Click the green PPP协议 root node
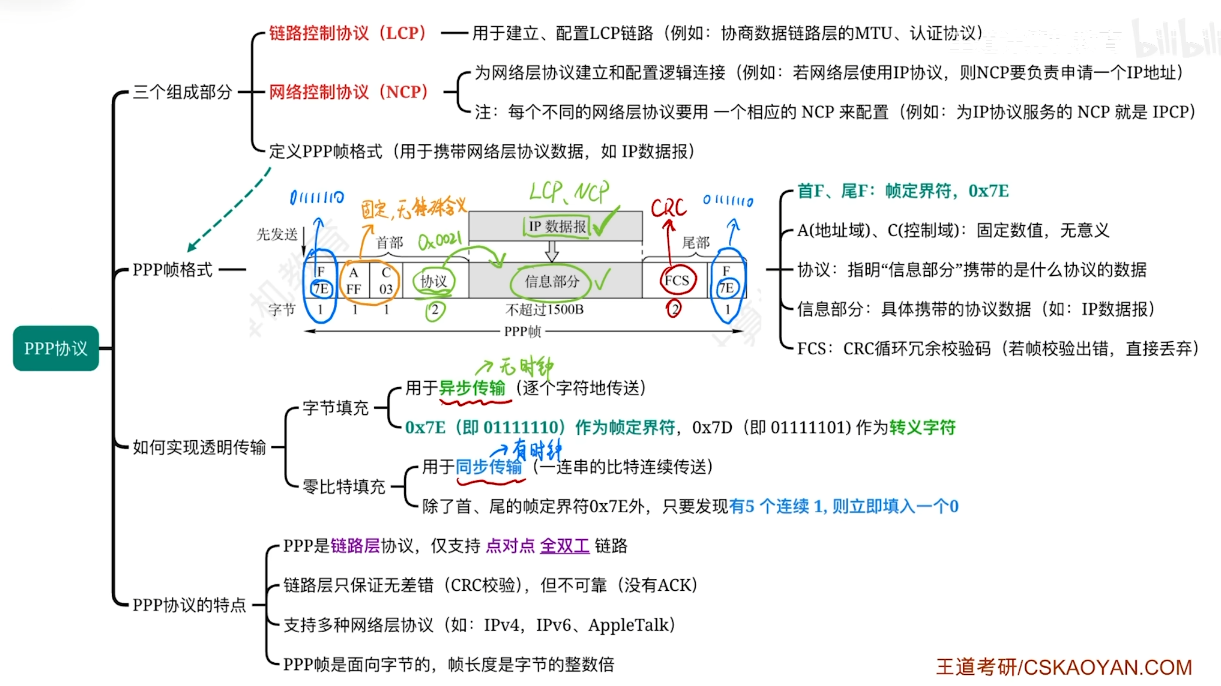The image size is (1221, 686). (x=56, y=348)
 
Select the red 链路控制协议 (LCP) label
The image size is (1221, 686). (x=347, y=33)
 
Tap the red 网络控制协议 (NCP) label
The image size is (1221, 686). (x=348, y=92)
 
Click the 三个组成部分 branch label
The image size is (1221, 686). (x=182, y=92)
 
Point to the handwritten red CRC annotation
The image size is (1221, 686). (x=668, y=208)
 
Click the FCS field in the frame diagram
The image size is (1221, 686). (x=677, y=281)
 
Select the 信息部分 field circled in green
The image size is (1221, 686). (x=552, y=281)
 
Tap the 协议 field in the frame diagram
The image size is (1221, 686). (x=433, y=281)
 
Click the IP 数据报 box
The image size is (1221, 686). (x=557, y=226)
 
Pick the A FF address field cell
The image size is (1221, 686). (x=353, y=281)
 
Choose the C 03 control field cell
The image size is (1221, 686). (x=386, y=281)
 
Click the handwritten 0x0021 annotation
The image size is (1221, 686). (x=439, y=240)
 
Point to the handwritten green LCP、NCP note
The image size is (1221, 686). (x=569, y=192)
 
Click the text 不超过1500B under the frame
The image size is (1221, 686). (x=545, y=310)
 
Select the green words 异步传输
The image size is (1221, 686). (x=472, y=388)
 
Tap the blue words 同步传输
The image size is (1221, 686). (x=489, y=467)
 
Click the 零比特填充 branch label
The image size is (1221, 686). (x=344, y=487)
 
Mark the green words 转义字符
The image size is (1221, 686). (x=923, y=427)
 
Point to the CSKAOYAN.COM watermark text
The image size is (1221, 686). (x=1108, y=667)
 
